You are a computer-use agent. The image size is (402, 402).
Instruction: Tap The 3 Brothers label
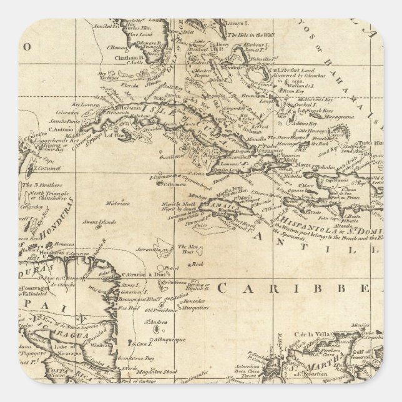(x=42, y=185)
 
